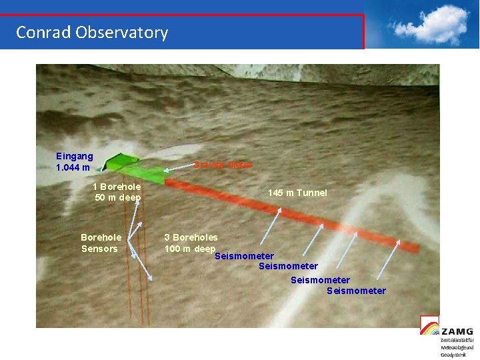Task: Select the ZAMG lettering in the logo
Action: coord(457,331)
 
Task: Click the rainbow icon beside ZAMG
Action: coord(429,326)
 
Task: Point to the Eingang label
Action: coord(74,156)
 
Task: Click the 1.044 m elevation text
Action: coord(73,167)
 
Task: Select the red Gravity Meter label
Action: coord(223,165)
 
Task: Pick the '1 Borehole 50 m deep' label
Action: coord(117,192)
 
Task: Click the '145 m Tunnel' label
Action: coord(297,193)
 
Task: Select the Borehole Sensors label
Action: coord(101,243)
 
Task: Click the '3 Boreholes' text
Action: coord(191,237)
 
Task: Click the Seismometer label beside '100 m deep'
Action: coord(244,256)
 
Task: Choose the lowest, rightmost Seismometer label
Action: coord(356,291)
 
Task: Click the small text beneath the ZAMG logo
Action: coord(457,347)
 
